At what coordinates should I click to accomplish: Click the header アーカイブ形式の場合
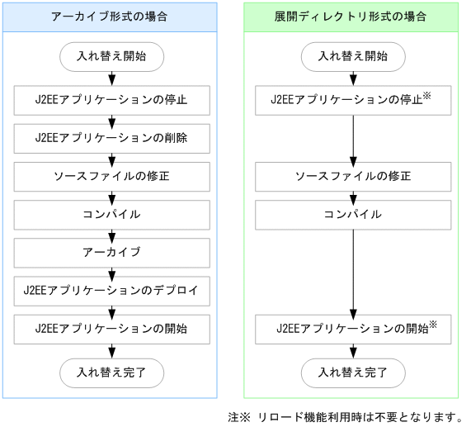point(111,17)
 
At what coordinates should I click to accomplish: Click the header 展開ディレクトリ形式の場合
point(352,17)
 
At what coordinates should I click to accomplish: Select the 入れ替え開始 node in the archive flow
point(111,57)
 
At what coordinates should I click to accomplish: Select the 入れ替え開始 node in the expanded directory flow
point(353,57)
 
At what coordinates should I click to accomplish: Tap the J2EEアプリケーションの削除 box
point(111,138)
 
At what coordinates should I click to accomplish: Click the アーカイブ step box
point(111,252)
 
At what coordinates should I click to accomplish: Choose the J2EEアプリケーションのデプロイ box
point(111,290)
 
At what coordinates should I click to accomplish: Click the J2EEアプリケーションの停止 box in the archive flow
point(111,100)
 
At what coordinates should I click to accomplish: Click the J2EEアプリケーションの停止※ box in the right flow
point(353,100)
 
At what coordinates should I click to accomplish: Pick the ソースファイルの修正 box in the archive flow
point(111,176)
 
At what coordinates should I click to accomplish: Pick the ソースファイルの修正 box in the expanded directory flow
point(353,176)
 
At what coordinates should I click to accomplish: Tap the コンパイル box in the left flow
point(111,214)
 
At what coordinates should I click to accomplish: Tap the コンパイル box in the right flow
point(353,214)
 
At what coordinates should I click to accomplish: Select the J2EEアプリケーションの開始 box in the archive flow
point(111,328)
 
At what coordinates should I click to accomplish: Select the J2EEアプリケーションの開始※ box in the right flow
point(353,328)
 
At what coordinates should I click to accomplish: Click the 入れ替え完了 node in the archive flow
point(111,371)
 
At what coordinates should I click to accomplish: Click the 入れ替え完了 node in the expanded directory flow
point(353,371)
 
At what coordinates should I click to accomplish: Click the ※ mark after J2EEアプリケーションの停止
point(428,96)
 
